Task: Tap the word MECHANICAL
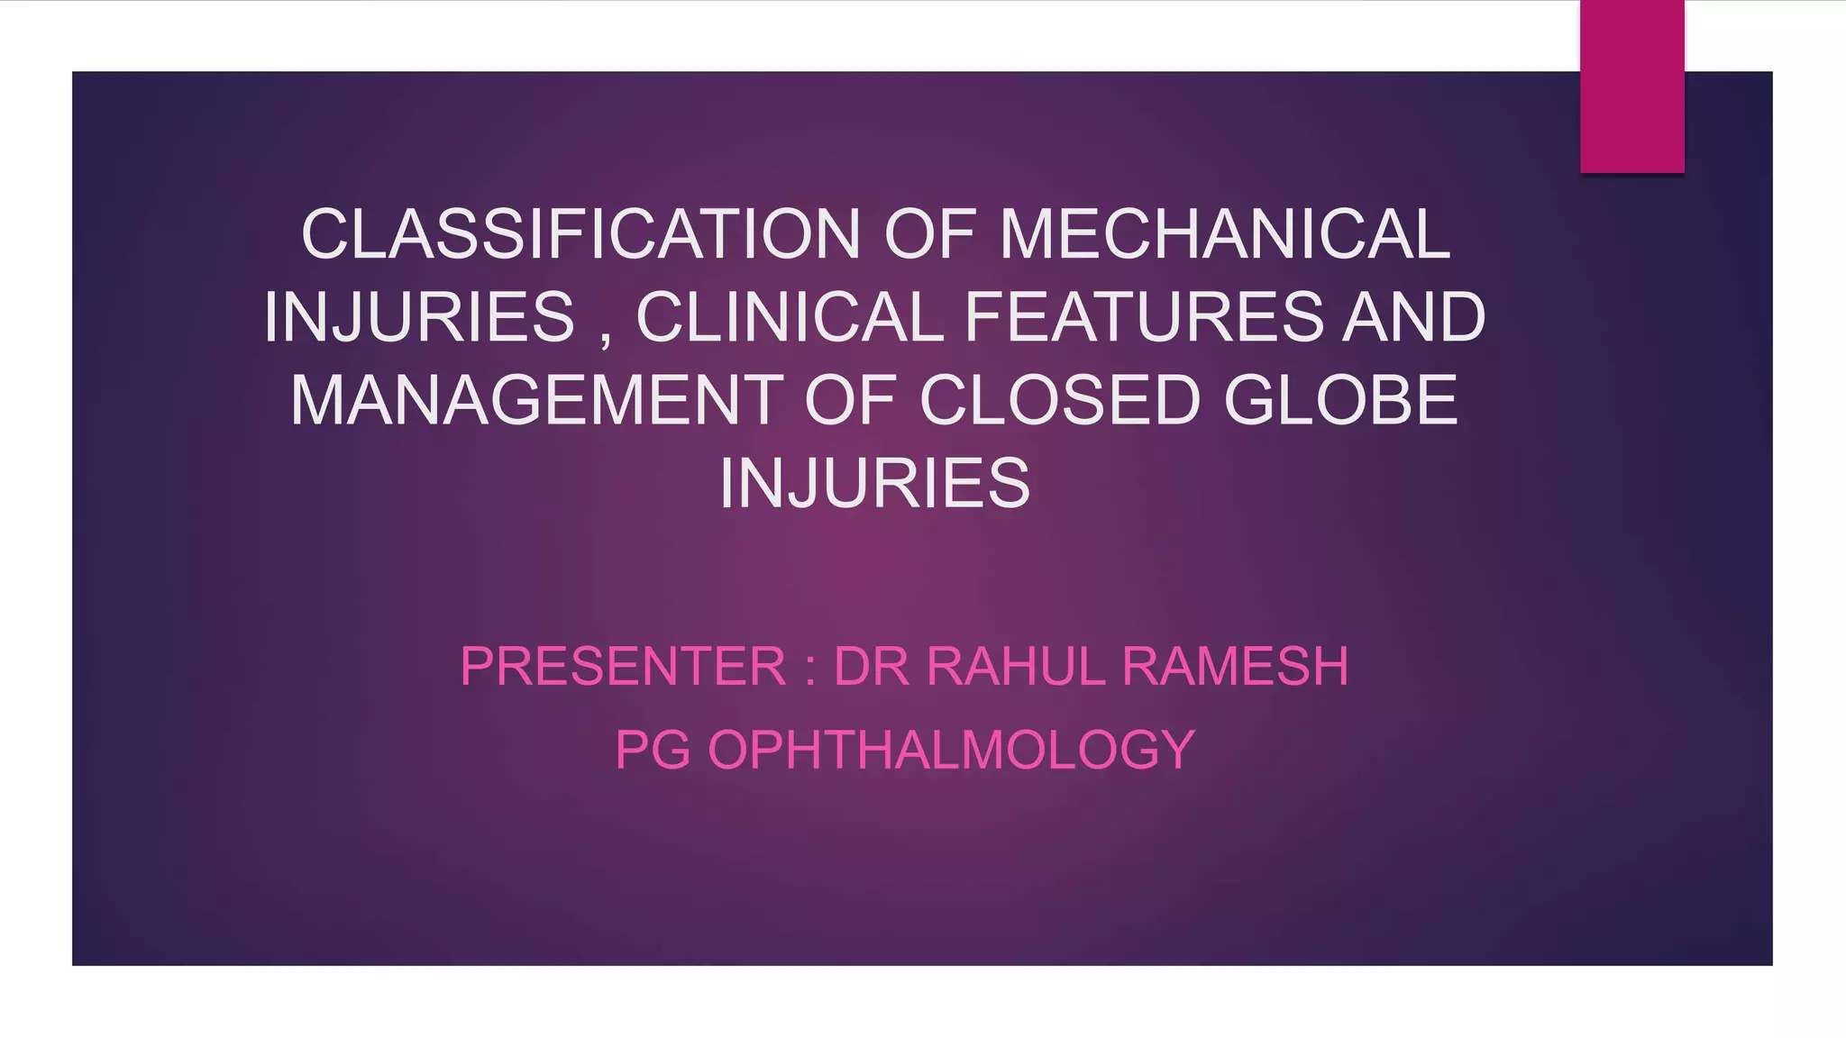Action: coord(1225,234)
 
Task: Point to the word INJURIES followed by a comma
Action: coord(419,317)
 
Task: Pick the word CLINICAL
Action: coord(790,317)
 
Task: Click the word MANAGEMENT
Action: coord(536,400)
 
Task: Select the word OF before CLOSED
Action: coord(850,400)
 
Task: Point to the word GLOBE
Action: coord(1340,400)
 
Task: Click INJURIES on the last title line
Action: coord(874,484)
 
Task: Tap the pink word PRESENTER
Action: coord(623,667)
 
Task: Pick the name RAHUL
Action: coord(1015,667)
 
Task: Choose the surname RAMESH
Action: coord(1235,667)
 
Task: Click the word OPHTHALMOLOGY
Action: coord(951,750)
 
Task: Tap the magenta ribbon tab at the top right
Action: coord(1631,86)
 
